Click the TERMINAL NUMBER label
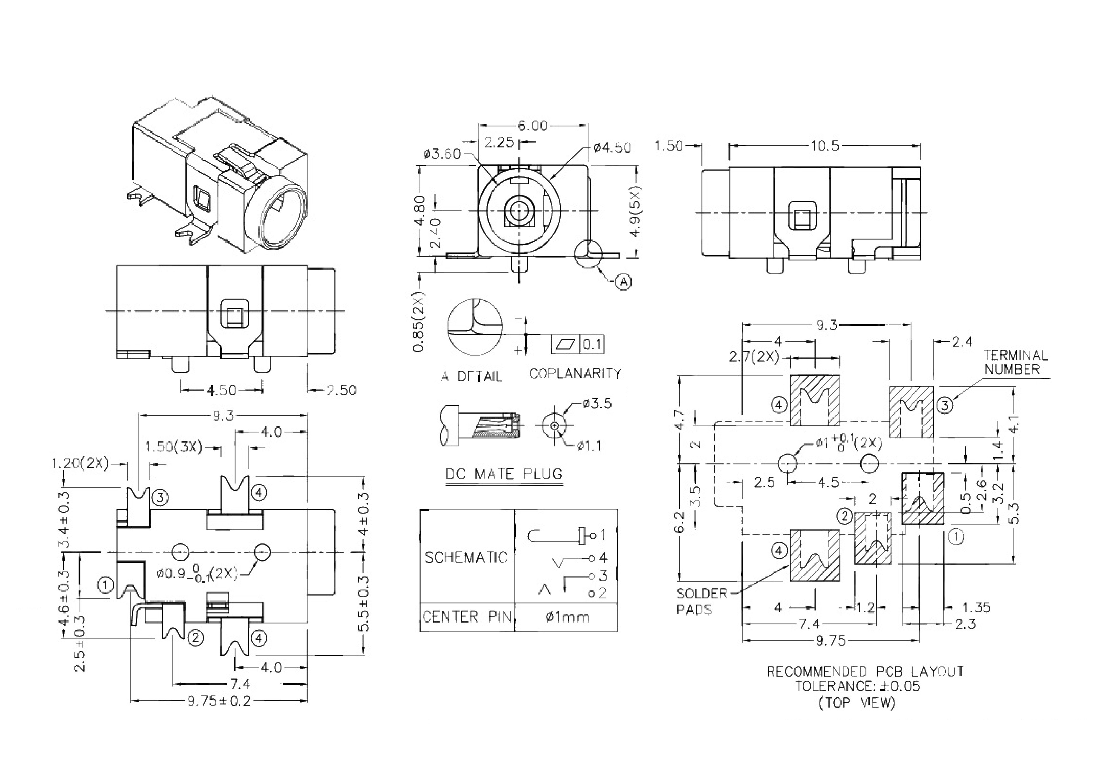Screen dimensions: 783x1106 pos(1015,363)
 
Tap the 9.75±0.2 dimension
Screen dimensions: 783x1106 pos(219,701)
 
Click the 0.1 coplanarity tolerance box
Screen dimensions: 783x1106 pos(592,344)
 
